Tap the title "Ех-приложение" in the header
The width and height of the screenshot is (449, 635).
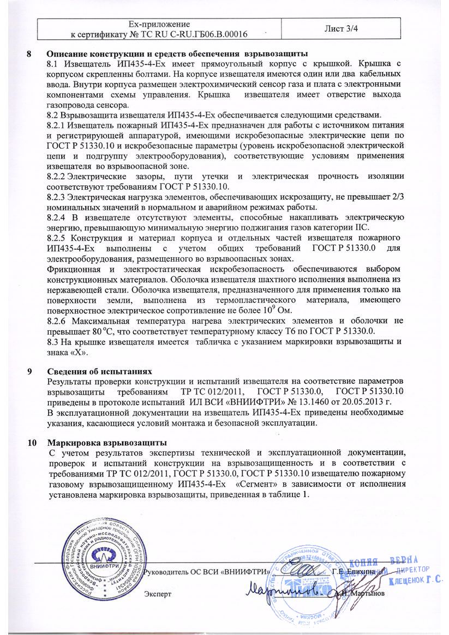coord(158,25)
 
